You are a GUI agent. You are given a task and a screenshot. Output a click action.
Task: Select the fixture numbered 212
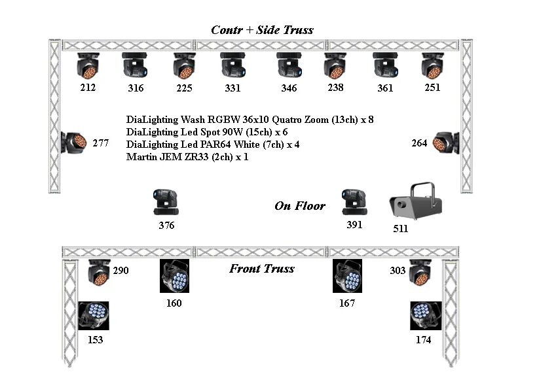click(88, 66)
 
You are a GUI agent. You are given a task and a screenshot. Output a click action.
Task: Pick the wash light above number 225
click(184, 66)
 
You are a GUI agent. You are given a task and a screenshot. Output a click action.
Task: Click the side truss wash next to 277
click(74, 142)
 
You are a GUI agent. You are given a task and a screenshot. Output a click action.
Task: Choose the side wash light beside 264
click(446, 142)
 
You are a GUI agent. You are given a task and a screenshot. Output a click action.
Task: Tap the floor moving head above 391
click(354, 203)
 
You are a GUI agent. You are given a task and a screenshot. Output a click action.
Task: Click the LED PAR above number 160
click(174, 276)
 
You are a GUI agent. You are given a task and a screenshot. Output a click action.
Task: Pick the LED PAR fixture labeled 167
click(347, 276)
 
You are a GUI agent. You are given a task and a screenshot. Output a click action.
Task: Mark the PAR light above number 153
click(94, 316)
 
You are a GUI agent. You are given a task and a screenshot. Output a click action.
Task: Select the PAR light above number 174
click(425, 316)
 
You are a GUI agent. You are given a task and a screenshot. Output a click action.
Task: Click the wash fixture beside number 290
click(99, 273)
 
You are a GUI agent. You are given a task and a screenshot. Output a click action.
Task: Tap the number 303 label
click(398, 271)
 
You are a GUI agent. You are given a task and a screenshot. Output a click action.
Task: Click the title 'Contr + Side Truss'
click(262, 30)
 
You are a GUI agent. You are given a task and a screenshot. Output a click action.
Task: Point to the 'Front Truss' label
click(262, 269)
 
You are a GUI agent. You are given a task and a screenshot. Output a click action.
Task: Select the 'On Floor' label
click(300, 206)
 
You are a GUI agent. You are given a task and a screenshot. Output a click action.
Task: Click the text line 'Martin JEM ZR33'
click(187, 157)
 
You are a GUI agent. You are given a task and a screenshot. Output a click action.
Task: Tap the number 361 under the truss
click(385, 88)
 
